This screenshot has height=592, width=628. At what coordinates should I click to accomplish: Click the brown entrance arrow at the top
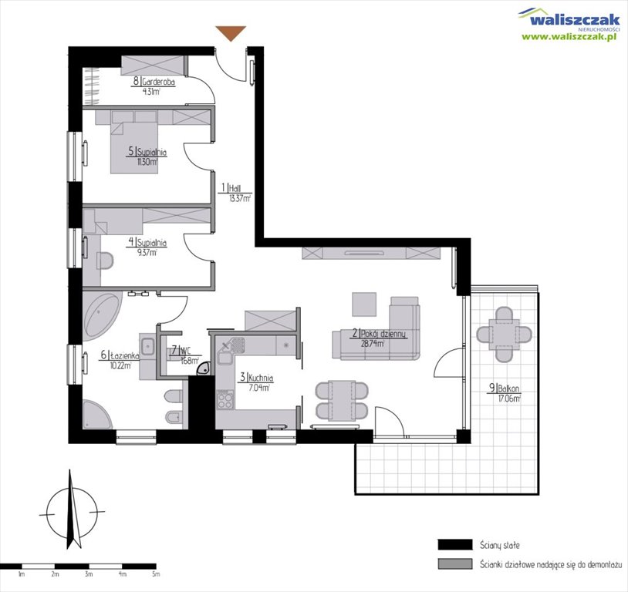pos(230,33)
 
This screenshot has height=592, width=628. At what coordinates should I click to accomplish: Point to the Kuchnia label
pos(255,378)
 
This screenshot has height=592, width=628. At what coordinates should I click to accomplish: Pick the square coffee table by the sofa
pos(365,304)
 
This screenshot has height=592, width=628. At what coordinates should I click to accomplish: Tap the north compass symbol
pos(71,508)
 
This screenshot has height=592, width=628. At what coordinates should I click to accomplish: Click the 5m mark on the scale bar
pos(155,573)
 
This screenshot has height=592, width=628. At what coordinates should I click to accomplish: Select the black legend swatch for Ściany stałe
pos(454,544)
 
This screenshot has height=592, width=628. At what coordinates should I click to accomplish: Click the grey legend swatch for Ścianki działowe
pos(454,564)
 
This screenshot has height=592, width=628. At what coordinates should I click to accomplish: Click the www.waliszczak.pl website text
pos(572,36)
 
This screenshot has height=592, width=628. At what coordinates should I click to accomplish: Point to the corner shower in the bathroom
pos(96,417)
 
